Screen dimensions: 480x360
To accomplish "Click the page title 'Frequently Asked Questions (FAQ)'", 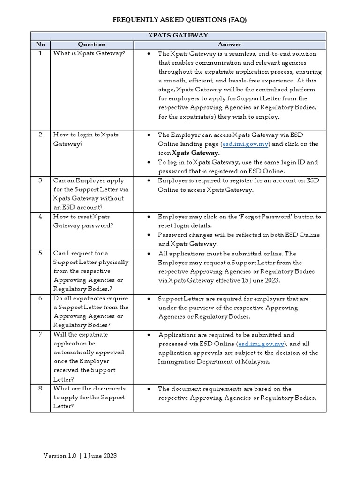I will click(x=180, y=20).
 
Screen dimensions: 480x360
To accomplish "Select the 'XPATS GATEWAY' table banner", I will click(x=178, y=36).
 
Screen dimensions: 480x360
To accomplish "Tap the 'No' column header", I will click(x=40, y=45).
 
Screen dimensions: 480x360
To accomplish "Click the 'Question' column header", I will click(x=91, y=45).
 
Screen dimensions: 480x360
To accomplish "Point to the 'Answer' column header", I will click(x=229, y=45).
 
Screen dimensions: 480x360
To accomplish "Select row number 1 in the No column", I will click(x=40, y=54).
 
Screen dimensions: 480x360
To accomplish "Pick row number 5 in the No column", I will click(x=40, y=254).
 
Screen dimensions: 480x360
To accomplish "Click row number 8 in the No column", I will click(x=40, y=389).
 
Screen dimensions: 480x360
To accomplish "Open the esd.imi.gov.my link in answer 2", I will click(x=247, y=144).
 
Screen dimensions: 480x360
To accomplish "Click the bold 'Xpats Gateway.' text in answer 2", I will click(x=195, y=153).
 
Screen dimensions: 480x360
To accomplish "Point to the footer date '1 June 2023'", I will click(x=100, y=456).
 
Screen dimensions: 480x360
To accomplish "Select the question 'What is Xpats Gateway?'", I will click(x=89, y=54).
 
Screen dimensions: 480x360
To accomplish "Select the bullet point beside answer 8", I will click(x=149, y=389).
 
